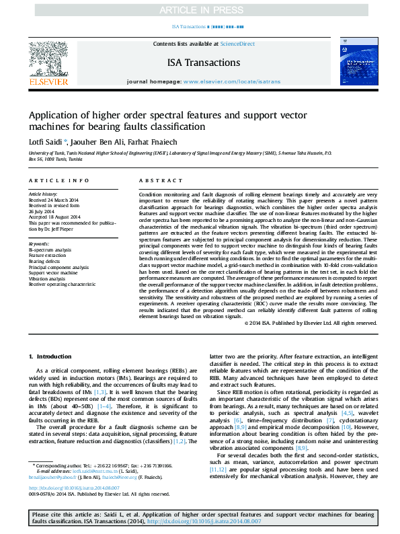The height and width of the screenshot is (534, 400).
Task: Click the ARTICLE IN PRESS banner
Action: pyautogui.click(x=200, y=10)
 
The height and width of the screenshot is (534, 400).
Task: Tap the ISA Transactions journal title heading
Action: pyautogui.click(x=200, y=63)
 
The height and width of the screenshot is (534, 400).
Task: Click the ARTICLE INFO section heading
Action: pyautogui.click(x=59, y=181)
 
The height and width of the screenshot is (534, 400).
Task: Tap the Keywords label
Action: pyautogui.click(x=39, y=243)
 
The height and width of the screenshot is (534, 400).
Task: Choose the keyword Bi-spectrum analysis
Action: pyautogui.click(x=50, y=250)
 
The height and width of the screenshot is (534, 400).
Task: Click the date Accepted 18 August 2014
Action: pyautogui.click(x=54, y=217)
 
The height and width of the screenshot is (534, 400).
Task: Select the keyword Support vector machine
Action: pyautogui.click(x=50, y=272)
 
